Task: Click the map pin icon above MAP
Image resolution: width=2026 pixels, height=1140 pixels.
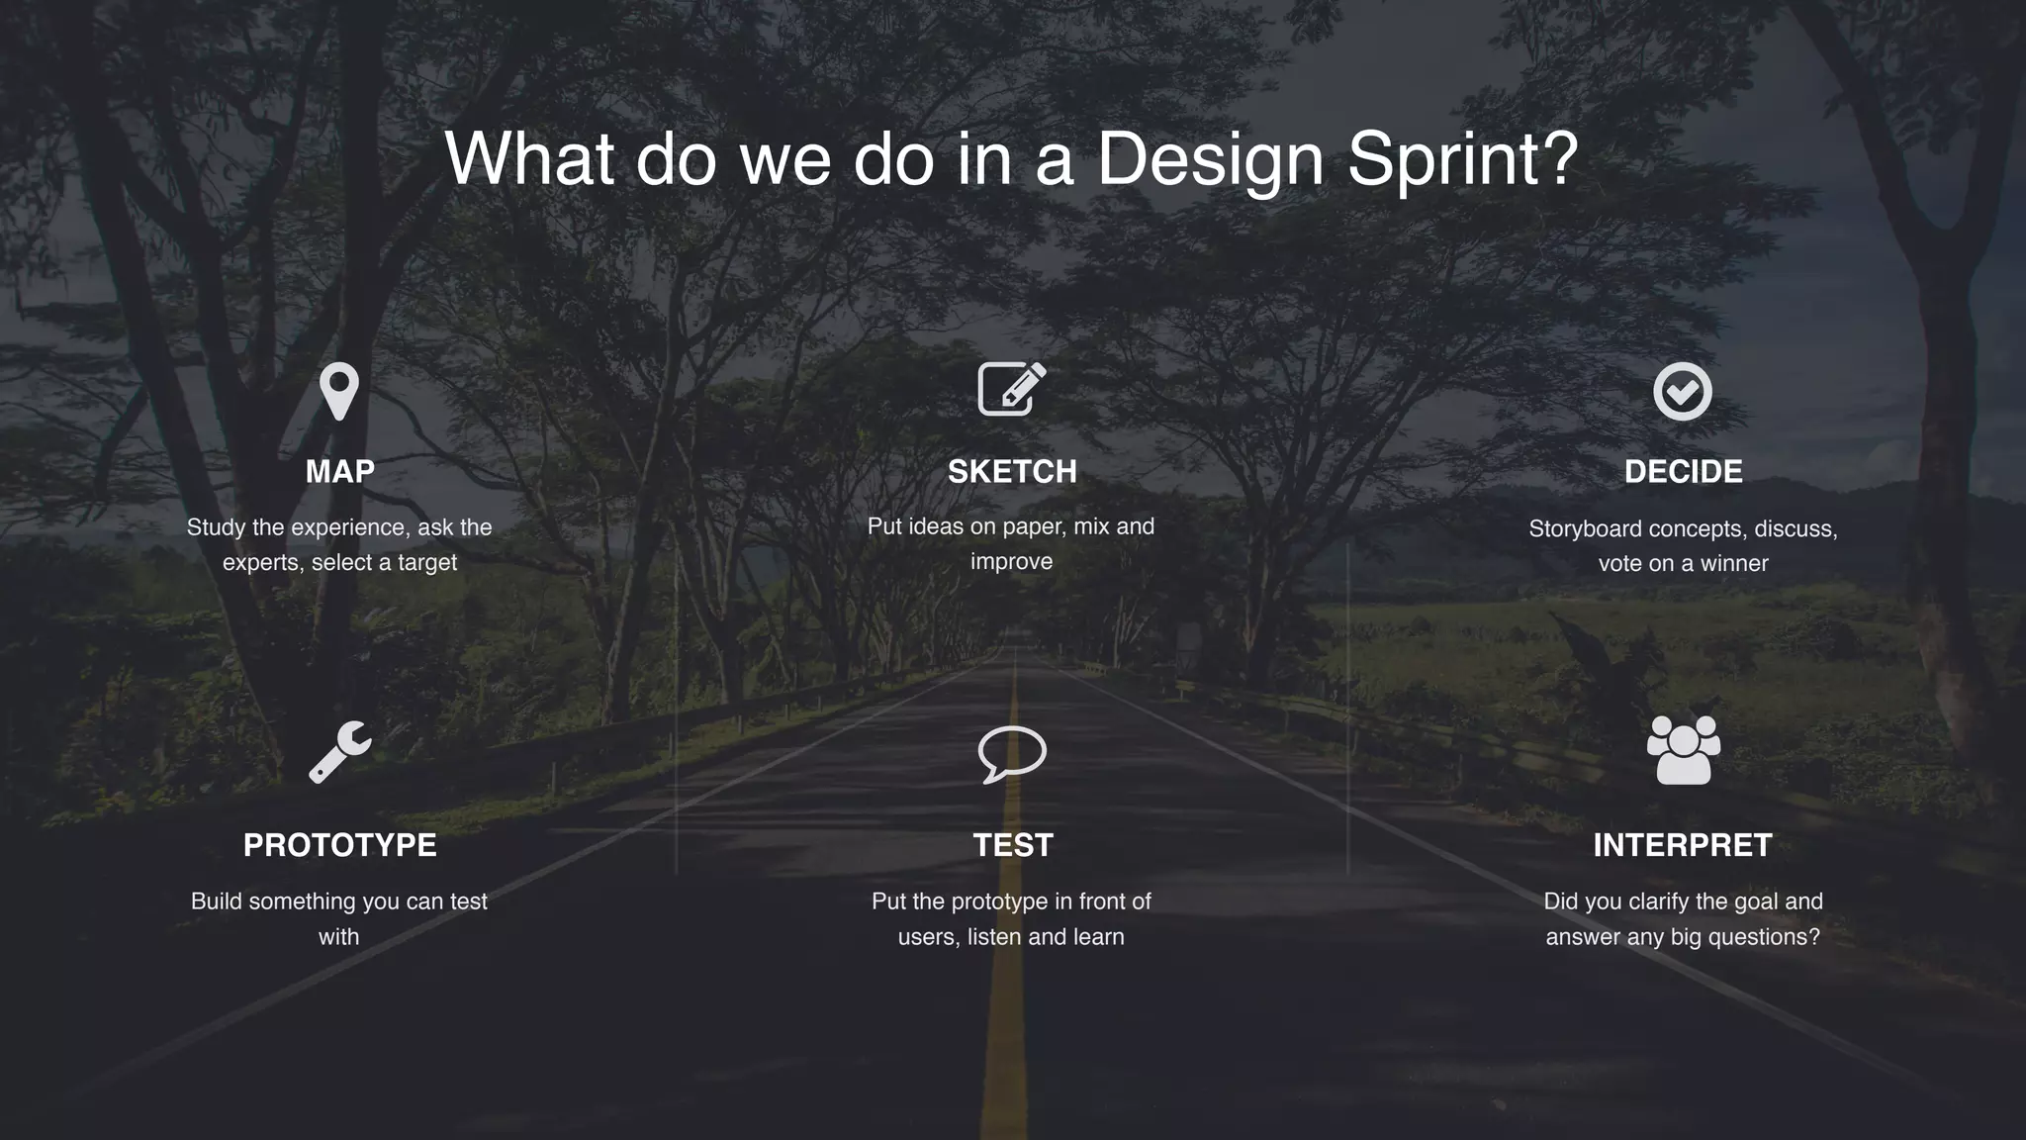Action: (339, 390)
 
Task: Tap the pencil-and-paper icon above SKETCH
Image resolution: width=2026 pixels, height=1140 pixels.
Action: (1011, 389)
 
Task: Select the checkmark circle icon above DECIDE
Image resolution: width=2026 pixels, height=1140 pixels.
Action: (1682, 391)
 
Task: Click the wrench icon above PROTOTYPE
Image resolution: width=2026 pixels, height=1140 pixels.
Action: (339, 752)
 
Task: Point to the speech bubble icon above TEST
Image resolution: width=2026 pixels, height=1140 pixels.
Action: (1011, 754)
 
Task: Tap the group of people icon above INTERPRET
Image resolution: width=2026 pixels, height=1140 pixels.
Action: (1683, 750)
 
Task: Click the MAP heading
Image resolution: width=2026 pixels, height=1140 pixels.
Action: (339, 472)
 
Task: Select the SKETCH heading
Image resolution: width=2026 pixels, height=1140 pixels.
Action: (1012, 472)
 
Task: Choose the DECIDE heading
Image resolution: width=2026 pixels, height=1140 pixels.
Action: (1683, 472)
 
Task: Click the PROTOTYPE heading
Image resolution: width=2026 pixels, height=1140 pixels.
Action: (339, 845)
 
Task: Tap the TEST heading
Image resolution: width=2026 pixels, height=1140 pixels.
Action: (1012, 845)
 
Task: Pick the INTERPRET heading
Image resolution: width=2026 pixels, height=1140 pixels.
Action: (1682, 845)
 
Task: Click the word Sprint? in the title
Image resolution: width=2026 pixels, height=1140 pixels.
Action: (1462, 158)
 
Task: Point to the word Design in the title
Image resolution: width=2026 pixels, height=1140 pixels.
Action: (1210, 158)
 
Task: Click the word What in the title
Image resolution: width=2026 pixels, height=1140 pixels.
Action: (529, 158)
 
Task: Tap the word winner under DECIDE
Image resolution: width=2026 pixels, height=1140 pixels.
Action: (1734, 564)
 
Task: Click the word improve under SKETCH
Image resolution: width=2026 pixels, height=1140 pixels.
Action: (1011, 562)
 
